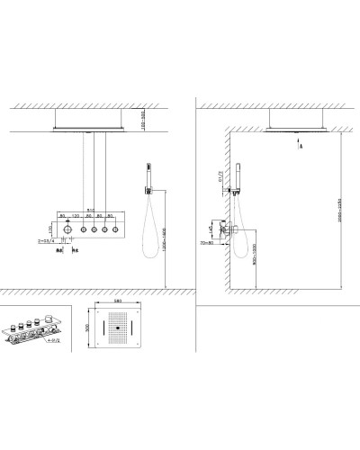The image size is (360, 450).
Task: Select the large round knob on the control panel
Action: [68, 231]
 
